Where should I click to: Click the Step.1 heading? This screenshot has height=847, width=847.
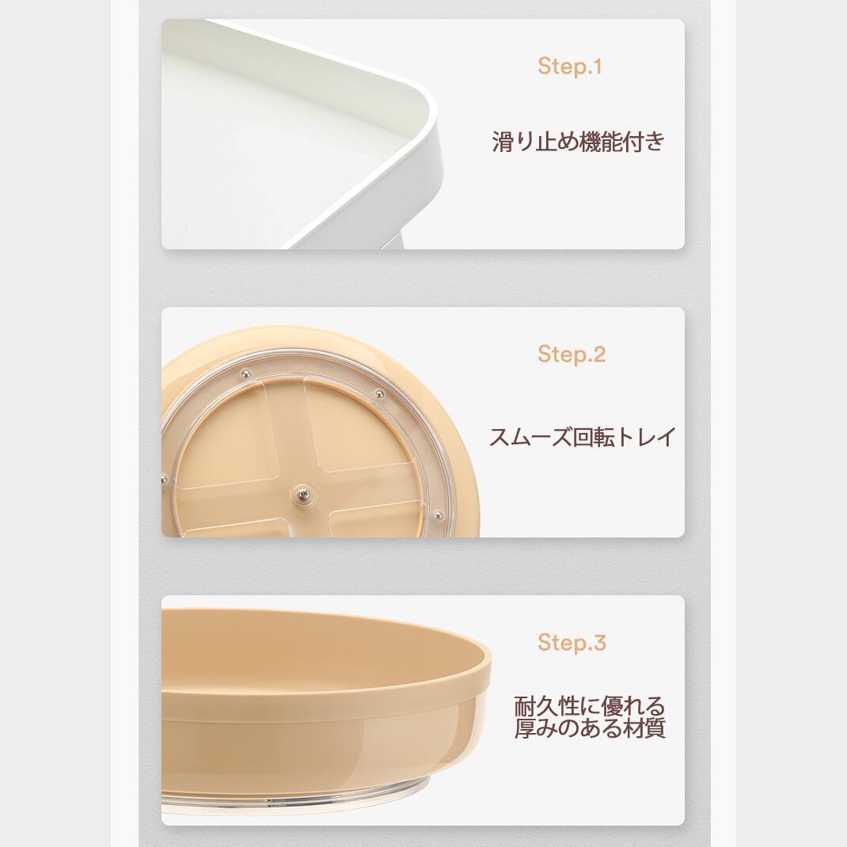coord(569,66)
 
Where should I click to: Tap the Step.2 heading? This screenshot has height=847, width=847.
coord(572,355)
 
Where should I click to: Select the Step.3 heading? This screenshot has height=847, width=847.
coord(572,643)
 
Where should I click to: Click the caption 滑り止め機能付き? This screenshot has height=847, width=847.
coord(579,142)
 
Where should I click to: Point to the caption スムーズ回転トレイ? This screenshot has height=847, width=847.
coord(583,437)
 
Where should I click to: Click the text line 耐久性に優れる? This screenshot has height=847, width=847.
coord(589,705)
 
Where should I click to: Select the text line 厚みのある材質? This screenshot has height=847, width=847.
coord(589,727)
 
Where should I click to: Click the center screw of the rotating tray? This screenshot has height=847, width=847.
coord(302,493)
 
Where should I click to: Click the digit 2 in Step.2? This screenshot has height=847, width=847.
coord(598,355)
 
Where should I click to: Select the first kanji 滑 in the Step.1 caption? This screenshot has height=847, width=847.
coord(503,142)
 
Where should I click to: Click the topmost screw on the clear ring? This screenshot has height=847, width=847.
coord(245,373)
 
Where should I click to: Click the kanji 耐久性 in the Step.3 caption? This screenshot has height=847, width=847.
coord(546,705)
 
